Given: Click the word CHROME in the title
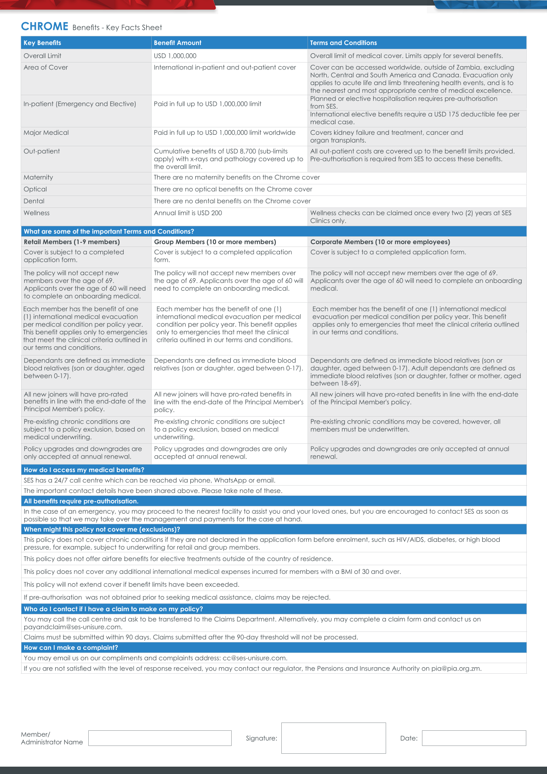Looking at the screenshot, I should click(45, 27).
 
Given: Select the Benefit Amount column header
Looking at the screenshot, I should click(177, 43).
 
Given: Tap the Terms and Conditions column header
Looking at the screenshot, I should click(343, 43).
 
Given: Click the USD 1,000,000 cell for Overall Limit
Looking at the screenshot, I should click(175, 56).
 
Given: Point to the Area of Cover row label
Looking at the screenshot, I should click(46, 67).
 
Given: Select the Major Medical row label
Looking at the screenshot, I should click(46, 132).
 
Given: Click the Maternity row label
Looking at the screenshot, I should click(38, 177).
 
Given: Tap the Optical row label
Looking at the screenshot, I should click(35, 189).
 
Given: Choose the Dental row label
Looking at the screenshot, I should click(34, 201).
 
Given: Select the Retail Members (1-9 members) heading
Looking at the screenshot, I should click(72, 242).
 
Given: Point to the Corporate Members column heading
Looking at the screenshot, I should click(380, 242).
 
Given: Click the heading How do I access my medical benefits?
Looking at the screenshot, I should click(84, 470).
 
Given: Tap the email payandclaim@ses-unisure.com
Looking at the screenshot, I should click(73, 627).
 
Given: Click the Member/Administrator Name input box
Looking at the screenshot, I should click(160, 738).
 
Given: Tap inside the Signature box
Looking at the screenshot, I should click(333, 738).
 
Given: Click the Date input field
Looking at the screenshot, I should click(473, 738).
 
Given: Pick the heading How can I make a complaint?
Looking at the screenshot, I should click(71, 648).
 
